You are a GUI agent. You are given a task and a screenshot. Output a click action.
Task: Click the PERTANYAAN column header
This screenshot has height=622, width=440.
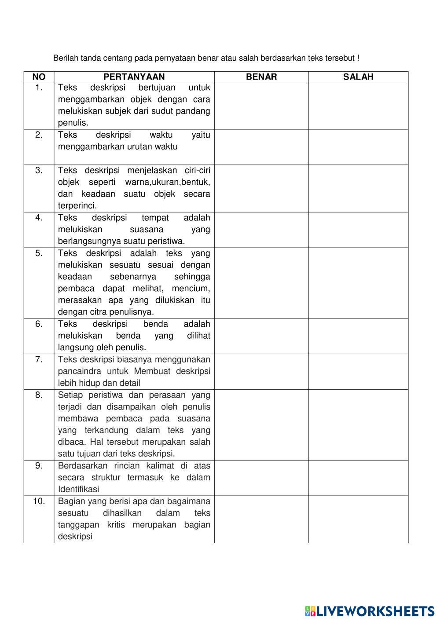tap(134, 77)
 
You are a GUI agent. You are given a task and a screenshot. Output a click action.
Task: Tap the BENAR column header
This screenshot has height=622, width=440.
tap(261, 77)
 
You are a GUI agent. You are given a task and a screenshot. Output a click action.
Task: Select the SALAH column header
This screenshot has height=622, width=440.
tap(358, 77)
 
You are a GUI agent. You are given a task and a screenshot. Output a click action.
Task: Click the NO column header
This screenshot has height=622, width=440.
tap(39, 77)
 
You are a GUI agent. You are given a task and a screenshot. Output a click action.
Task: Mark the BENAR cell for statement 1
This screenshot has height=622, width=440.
tap(261, 106)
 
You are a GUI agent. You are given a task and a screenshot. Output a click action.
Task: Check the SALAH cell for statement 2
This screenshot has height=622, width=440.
tap(358, 147)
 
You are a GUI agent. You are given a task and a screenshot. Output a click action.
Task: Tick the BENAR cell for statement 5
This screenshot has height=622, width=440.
tap(261, 283)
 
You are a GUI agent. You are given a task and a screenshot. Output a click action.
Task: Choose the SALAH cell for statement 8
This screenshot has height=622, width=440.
tap(358, 424)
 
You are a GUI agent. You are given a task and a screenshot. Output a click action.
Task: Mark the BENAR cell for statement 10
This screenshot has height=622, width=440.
tap(261, 519)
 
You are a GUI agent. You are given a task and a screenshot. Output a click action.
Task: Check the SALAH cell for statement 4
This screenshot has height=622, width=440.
tap(358, 230)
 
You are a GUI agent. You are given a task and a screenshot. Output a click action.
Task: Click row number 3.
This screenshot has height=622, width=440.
tap(39, 171)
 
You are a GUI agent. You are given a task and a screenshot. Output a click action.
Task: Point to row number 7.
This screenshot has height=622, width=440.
tap(39, 360)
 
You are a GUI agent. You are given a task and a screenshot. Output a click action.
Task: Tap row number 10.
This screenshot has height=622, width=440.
tap(39, 501)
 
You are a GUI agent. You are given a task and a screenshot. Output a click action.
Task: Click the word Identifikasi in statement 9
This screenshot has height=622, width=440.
tap(78, 489)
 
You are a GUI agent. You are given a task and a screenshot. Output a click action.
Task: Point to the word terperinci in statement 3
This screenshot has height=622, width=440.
tap(77, 206)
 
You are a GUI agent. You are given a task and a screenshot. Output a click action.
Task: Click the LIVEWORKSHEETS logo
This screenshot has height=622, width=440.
tap(369, 611)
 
